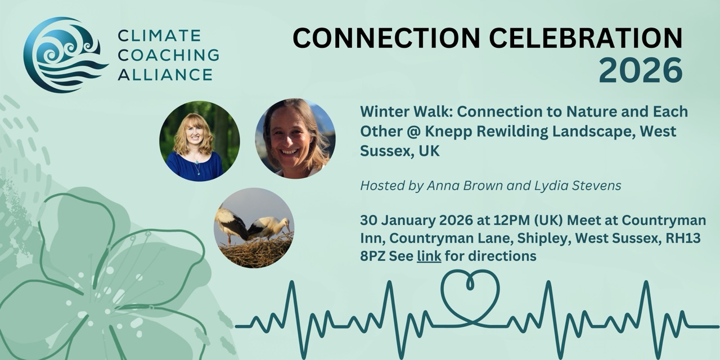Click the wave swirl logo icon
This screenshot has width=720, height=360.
click(x=65, y=55)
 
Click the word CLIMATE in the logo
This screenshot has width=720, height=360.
click(x=159, y=36)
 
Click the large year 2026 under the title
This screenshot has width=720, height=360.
click(x=640, y=70)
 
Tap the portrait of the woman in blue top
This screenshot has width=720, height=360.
click(x=199, y=141)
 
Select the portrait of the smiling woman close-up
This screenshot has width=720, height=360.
click(x=295, y=138)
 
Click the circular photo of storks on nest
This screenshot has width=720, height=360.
click(x=254, y=228)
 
